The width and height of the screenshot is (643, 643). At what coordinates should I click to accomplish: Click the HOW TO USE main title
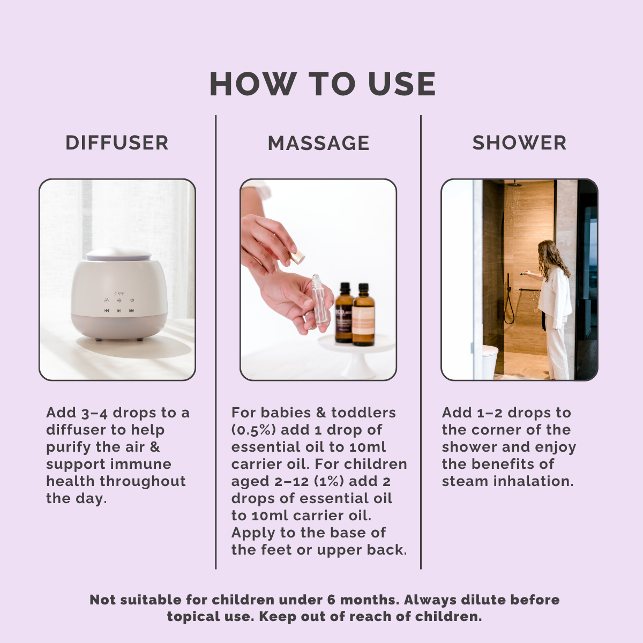[323, 84]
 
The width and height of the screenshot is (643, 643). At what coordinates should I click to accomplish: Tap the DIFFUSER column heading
[117, 143]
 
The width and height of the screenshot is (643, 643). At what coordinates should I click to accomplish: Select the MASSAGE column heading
[318, 143]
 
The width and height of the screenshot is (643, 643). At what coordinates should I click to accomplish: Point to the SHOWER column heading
[519, 143]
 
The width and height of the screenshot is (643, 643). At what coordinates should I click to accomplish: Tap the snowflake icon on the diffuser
[119, 300]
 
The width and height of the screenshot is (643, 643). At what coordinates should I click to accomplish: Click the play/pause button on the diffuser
[119, 311]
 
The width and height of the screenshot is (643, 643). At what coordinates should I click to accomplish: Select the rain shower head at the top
[514, 184]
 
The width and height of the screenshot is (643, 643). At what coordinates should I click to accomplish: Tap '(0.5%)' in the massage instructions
[253, 430]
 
